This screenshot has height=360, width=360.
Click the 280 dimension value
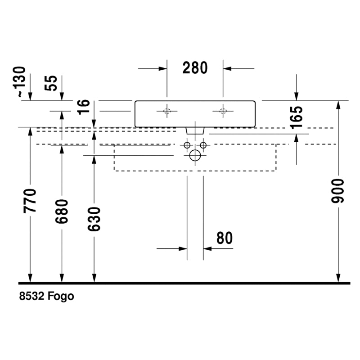point(195,68)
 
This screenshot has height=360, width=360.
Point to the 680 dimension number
point(62,211)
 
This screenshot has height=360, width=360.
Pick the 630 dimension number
point(94,219)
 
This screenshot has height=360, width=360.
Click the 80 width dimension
point(224,238)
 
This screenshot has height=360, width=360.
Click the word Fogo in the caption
point(61,297)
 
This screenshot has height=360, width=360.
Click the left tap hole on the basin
point(167,111)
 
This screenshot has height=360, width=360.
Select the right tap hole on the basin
point(222,111)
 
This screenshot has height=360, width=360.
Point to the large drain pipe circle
point(195,156)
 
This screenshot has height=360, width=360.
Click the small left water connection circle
point(186,145)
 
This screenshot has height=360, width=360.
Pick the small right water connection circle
point(203,145)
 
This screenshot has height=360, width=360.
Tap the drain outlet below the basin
point(195,130)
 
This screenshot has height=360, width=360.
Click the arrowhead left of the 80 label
point(183,248)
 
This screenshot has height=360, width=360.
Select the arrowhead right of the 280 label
point(228,68)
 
